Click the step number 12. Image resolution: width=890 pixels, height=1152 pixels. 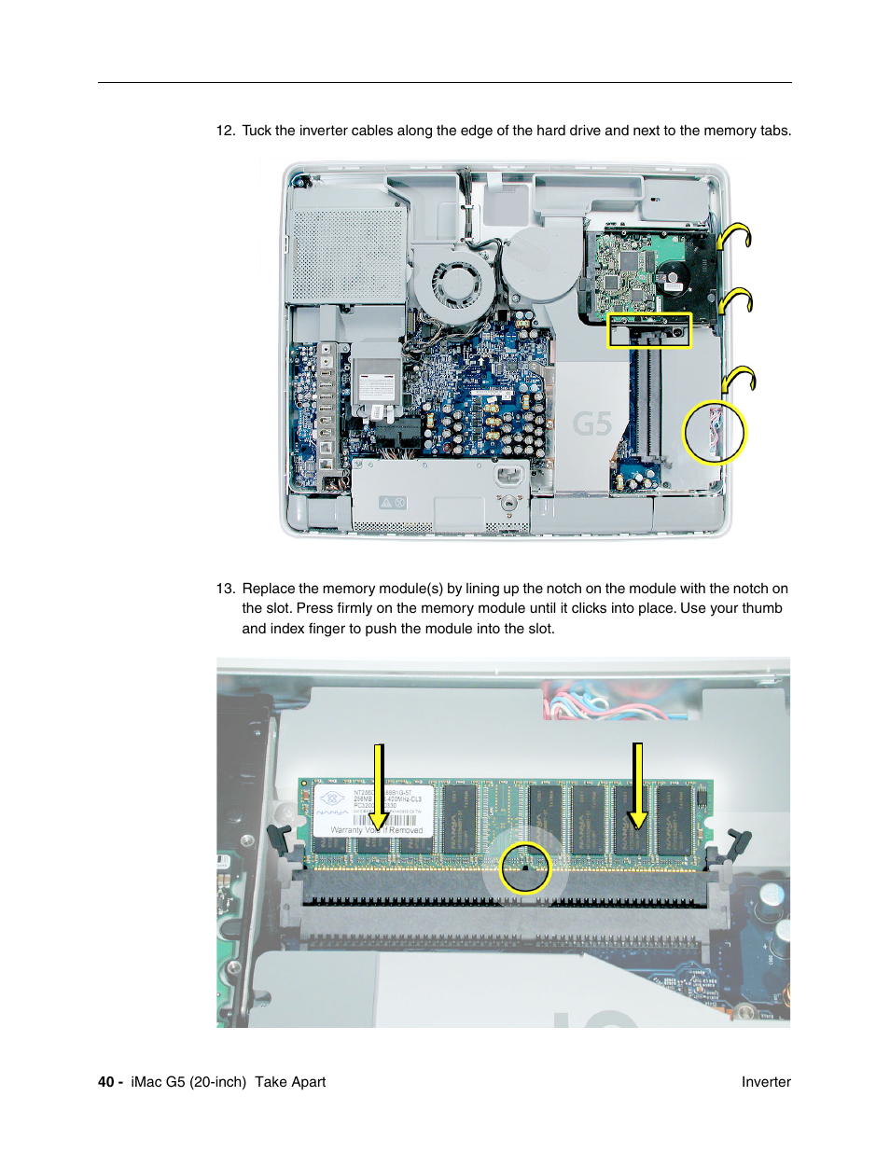(225, 131)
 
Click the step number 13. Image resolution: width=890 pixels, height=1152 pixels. (225, 589)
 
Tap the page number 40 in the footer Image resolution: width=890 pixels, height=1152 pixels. (105, 1082)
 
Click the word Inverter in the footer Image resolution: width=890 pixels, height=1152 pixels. (766, 1082)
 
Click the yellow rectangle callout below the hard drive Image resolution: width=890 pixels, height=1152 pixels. (649, 330)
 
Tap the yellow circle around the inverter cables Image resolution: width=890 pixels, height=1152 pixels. (715, 433)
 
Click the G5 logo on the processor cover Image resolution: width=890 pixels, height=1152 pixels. (591, 424)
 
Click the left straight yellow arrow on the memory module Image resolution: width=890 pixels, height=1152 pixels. (379, 787)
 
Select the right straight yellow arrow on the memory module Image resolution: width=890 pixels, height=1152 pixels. (638, 785)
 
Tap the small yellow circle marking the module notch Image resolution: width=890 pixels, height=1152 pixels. (525, 868)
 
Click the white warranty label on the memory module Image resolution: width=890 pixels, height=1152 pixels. (374, 810)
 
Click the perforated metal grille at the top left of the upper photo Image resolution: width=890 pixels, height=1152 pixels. (348, 254)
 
